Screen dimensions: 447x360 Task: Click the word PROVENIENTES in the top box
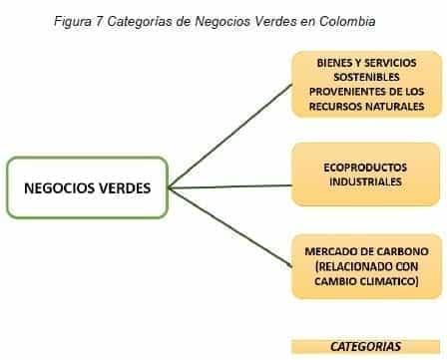click(x=345, y=90)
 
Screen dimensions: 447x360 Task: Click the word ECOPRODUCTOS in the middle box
click(x=364, y=169)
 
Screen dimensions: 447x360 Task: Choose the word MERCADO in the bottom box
click(x=332, y=252)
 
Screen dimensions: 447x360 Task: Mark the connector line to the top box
click(x=229, y=135)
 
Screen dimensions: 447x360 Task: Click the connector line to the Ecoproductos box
click(x=229, y=185)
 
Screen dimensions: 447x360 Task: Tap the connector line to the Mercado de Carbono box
click(x=229, y=226)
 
